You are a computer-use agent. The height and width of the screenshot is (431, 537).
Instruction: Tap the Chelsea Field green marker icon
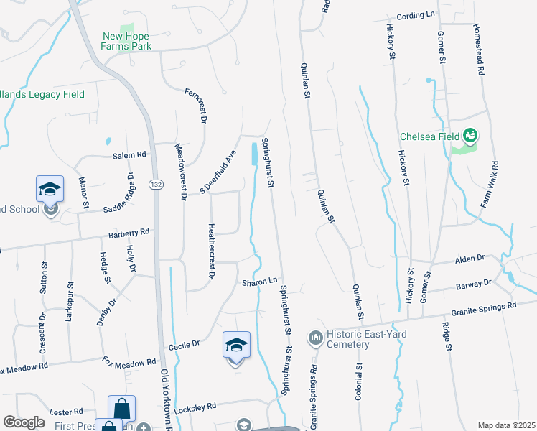471,134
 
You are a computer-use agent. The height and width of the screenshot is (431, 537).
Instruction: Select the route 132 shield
155,185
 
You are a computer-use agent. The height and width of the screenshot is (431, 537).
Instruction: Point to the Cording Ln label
416,14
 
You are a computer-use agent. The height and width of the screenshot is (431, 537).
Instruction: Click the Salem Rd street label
129,154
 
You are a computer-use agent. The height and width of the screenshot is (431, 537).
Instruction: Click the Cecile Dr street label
184,346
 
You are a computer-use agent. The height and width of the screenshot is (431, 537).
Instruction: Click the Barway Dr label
474,284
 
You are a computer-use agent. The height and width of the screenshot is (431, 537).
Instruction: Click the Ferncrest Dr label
195,107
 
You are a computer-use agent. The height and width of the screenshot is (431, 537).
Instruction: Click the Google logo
24,422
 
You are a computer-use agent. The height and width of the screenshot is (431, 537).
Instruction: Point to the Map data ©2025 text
505,425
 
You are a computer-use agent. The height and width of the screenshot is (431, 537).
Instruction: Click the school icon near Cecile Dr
235,346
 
